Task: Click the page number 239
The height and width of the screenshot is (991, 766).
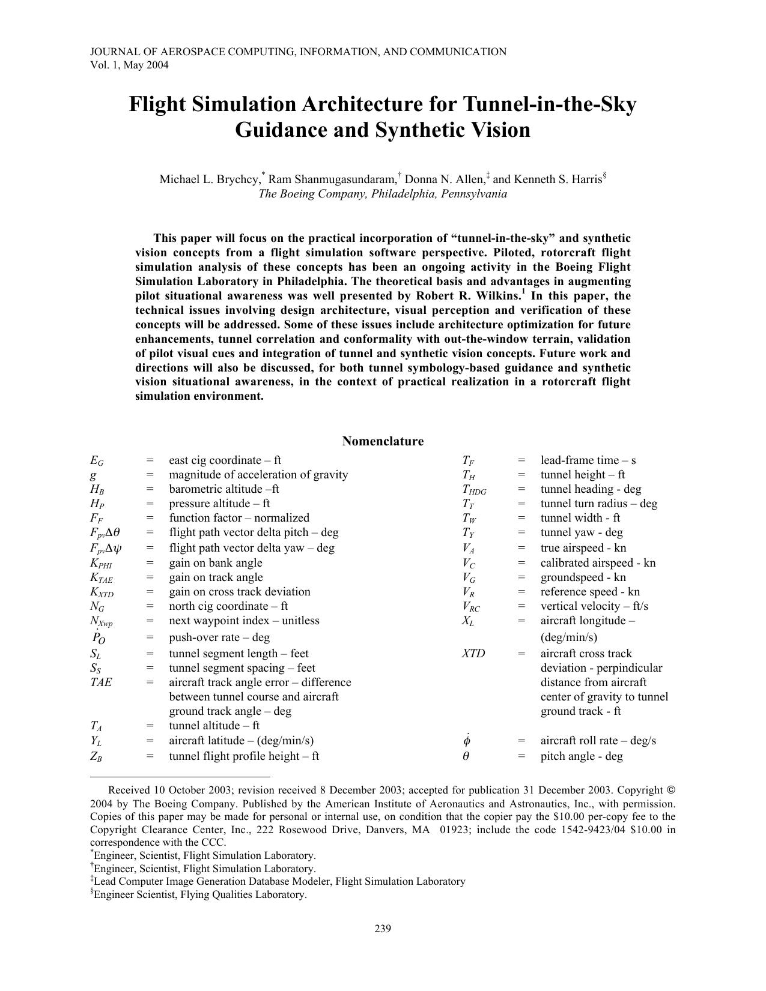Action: pyautogui.click(x=383, y=929)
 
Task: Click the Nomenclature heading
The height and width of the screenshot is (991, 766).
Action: pyautogui.click(x=383, y=441)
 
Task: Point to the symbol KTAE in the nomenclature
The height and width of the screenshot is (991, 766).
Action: pyautogui.click(x=101, y=577)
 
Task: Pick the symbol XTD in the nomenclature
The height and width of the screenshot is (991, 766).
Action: pyautogui.click(x=473, y=653)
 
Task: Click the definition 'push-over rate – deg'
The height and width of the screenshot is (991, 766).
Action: pyautogui.click(x=219, y=637)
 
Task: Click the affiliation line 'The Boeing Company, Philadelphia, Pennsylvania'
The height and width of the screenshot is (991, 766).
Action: pyautogui.click(x=383, y=194)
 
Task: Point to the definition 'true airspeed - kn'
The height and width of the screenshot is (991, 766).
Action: pyautogui.click(x=583, y=547)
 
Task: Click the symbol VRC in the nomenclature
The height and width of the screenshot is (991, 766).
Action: pyautogui.click(x=470, y=606)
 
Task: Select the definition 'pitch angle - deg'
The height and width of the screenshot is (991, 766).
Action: pyautogui.click(x=581, y=756)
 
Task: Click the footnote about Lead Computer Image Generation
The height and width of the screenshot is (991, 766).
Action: pyautogui.click(x=279, y=881)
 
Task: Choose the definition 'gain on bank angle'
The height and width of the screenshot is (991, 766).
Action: pyautogui.click(x=216, y=562)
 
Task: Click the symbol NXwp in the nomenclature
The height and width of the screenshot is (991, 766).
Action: pyautogui.click(x=101, y=621)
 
